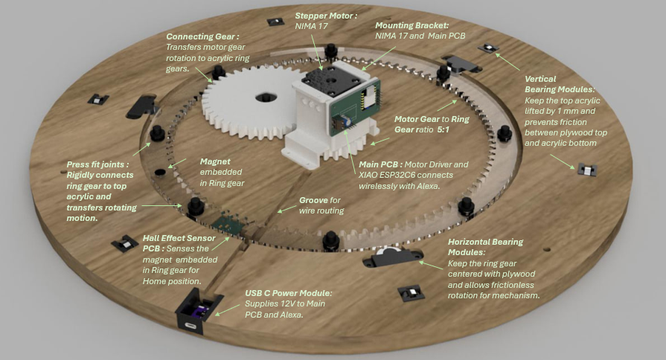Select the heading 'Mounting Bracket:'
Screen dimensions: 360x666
point(417,24)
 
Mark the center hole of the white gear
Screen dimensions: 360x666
point(264,97)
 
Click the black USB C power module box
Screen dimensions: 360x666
point(196,315)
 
